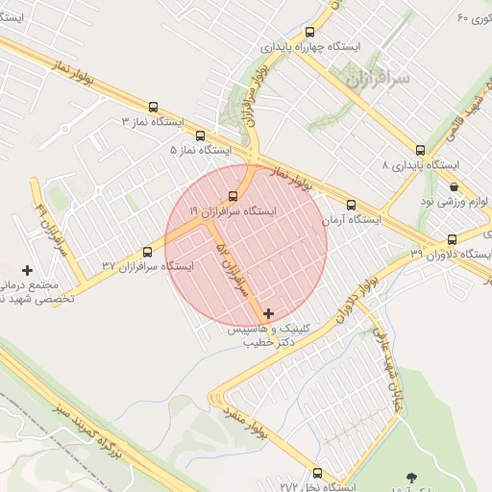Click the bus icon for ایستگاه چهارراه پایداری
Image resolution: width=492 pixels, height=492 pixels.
click(308, 32)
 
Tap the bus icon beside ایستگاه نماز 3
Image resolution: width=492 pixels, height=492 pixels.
click(154, 108)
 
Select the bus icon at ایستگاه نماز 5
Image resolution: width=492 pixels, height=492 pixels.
click(200, 135)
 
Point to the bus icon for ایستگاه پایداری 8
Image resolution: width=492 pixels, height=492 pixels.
click(420, 150)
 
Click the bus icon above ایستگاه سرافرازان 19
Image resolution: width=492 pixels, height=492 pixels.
click(234, 197)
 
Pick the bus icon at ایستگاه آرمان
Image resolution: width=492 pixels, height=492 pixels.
click(351, 205)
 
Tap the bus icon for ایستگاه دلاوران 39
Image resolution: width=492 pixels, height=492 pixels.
click(452, 239)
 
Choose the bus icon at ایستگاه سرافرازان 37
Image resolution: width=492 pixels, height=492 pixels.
click(147, 252)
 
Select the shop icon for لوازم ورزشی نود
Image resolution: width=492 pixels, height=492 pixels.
click(453, 186)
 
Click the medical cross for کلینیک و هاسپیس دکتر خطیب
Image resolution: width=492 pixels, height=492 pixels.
click(268, 313)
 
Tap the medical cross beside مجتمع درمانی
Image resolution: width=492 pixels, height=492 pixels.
click(27, 271)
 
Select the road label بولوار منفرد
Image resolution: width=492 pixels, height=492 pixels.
click(263, 431)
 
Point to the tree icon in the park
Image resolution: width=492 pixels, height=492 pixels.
click(411, 477)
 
